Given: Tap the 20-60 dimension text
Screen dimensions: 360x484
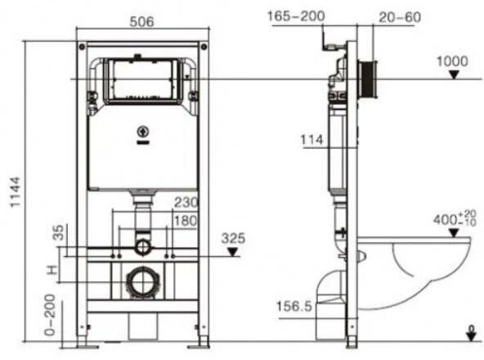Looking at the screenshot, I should coord(398,16).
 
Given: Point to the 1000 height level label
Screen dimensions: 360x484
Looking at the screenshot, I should coord(452,61).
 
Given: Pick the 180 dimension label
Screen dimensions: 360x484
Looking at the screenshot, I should coord(185,222).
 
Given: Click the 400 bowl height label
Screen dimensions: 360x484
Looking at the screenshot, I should coord(450,219).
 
